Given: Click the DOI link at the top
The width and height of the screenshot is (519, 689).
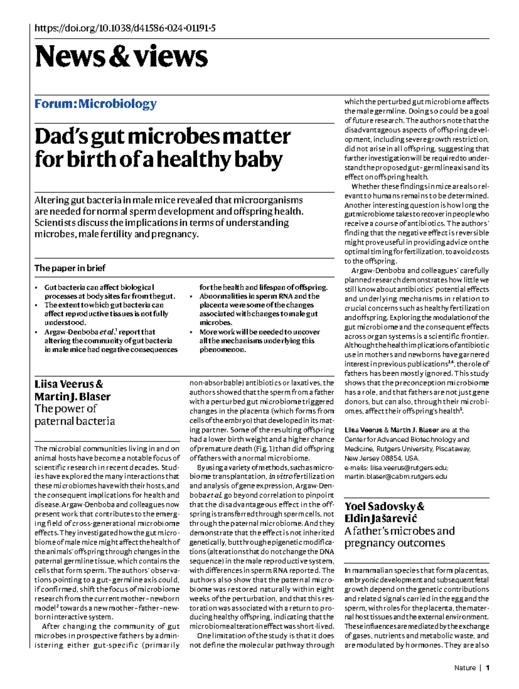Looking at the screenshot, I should point(125,29).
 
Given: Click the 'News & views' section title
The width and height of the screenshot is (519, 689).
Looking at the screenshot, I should point(122,57).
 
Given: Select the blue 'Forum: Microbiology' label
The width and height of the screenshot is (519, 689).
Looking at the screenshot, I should point(96,104).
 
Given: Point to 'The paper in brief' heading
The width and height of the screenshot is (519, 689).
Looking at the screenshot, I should point(70,268).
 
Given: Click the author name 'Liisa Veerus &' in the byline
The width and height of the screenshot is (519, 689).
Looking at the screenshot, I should point(69,384).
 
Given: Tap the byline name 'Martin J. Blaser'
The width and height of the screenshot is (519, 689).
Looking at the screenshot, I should point(72,396).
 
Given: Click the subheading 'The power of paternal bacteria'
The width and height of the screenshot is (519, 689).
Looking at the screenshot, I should point(74,415).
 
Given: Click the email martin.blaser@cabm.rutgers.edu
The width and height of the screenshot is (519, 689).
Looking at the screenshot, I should point(395,477).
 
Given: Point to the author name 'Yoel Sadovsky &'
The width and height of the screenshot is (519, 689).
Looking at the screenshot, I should point(384,506).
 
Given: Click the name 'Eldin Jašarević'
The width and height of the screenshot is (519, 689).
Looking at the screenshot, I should point(381,519).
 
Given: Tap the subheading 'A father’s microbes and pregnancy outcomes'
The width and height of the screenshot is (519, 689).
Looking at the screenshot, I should point(399,537).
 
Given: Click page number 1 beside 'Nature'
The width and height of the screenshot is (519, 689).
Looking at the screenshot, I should point(488,668).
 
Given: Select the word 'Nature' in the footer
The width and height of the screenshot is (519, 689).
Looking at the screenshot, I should point(465,668).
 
